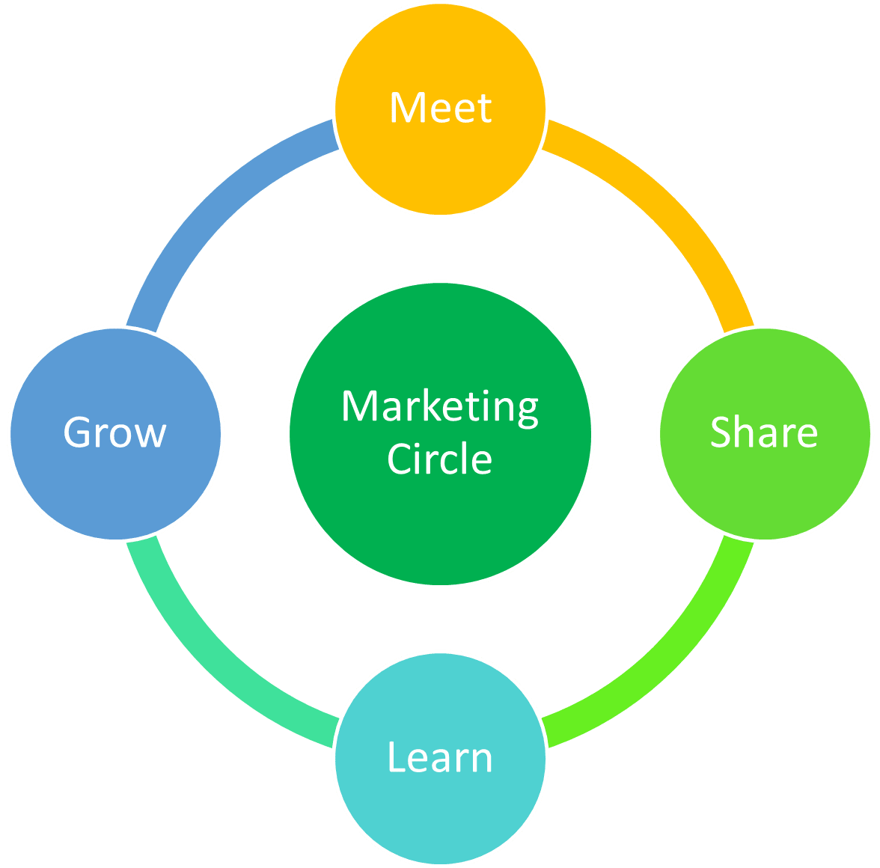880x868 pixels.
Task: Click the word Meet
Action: coord(440,109)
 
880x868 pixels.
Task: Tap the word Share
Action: coord(763,433)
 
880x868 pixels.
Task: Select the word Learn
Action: coord(440,757)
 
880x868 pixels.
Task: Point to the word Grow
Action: coord(114,433)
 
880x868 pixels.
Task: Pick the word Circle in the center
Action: coord(440,459)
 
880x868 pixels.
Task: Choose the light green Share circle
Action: coord(765,486)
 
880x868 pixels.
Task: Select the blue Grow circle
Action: coord(116,486)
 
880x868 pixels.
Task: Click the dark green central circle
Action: coord(440,524)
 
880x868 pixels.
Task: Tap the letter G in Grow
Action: coord(78,433)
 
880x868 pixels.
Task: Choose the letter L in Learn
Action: coord(396,757)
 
